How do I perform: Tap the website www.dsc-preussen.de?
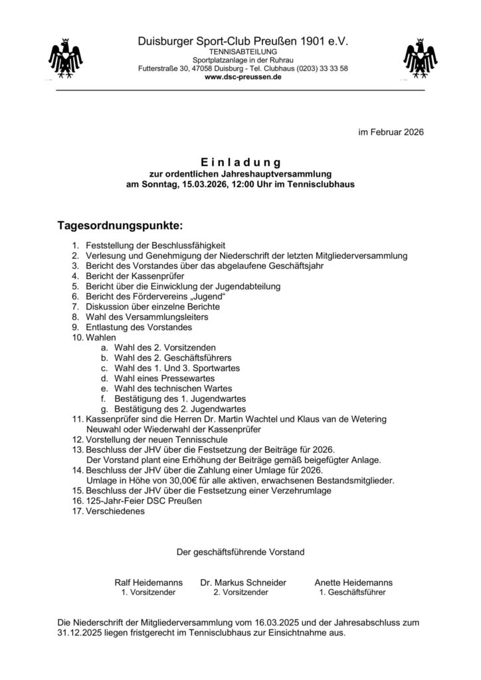(243, 77)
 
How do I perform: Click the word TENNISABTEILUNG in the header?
(243, 51)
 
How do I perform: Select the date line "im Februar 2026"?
(391, 132)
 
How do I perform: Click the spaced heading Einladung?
(241, 162)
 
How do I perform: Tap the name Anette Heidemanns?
(353, 582)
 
